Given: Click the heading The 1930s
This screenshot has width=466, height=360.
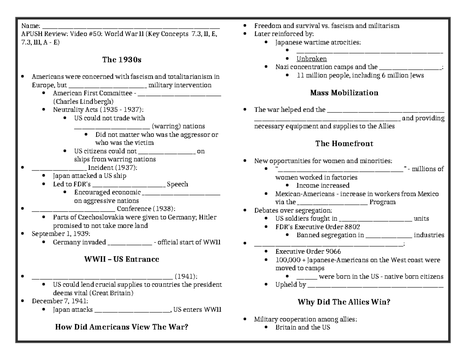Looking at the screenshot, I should pyautogui.click(x=121, y=60).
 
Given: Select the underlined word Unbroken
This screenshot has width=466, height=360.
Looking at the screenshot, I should pyautogui.click(x=311, y=59).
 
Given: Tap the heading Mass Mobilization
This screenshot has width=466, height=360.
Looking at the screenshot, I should pyautogui.click(x=344, y=93).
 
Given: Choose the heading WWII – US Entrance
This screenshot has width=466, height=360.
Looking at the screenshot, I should pyautogui.click(x=121, y=259).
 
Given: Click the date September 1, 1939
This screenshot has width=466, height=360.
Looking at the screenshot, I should pyautogui.click(x=61, y=234).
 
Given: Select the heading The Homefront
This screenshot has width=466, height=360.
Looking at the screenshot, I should pyautogui.click(x=344, y=144).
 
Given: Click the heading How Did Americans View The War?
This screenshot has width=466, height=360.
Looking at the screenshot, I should pyautogui.click(x=122, y=327).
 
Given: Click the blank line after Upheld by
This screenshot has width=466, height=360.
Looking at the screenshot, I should pyautogui.click(x=375, y=285).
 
